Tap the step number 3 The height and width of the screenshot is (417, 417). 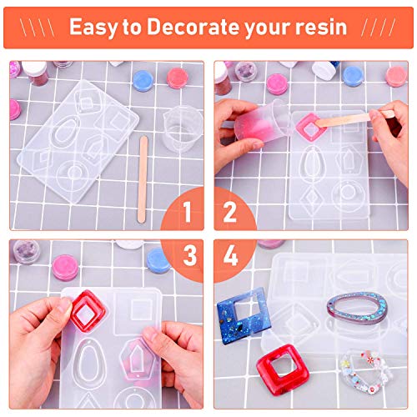(187, 255)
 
